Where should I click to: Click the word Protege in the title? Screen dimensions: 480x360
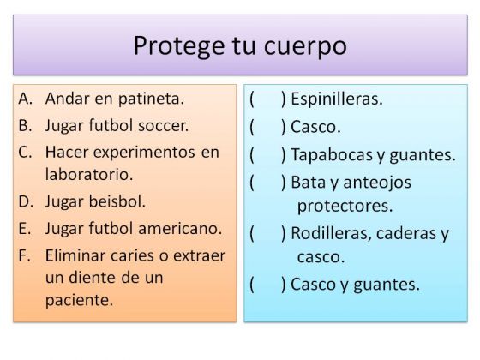click(179, 46)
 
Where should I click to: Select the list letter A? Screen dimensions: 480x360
click(25, 99)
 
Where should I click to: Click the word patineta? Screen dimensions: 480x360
click(151, 99)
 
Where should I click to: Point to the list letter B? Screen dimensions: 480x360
click(25, 125)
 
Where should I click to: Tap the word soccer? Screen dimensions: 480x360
click(163, 126)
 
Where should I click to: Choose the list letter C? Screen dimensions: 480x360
click(25, 153)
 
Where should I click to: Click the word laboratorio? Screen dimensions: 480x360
click(89, 175)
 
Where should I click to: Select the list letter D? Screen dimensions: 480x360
click(26, 201)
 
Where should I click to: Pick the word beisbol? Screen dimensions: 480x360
click(117, 201)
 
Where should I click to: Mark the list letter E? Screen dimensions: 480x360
click(25, 229)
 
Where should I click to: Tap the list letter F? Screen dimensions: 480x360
click(24, 255)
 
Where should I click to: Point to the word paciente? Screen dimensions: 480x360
click(79, 300)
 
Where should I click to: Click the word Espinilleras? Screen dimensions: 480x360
click(337, 99)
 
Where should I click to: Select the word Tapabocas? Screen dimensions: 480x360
click(333, 154)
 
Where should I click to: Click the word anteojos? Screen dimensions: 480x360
click(377, 183)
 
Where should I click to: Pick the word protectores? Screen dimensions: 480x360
click(345, 206)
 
